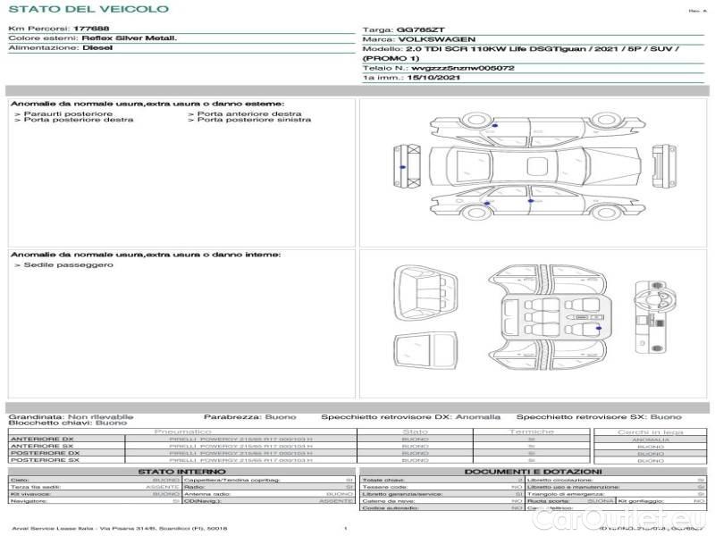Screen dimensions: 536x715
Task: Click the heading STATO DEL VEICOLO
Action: tap(88, 9)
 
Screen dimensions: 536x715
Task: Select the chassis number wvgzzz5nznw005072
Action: tap(463, 68)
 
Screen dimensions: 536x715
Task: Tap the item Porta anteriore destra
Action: tap(249, 114)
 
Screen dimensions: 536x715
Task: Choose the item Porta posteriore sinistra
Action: tap(255, 121)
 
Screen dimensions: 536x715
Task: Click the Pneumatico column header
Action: tap(182, 431)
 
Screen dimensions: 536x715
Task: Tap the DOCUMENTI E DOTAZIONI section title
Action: tap(533, 471)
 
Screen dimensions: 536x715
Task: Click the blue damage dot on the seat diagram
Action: tap(596, 331)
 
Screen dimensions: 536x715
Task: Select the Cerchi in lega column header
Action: tap(650, 431)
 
